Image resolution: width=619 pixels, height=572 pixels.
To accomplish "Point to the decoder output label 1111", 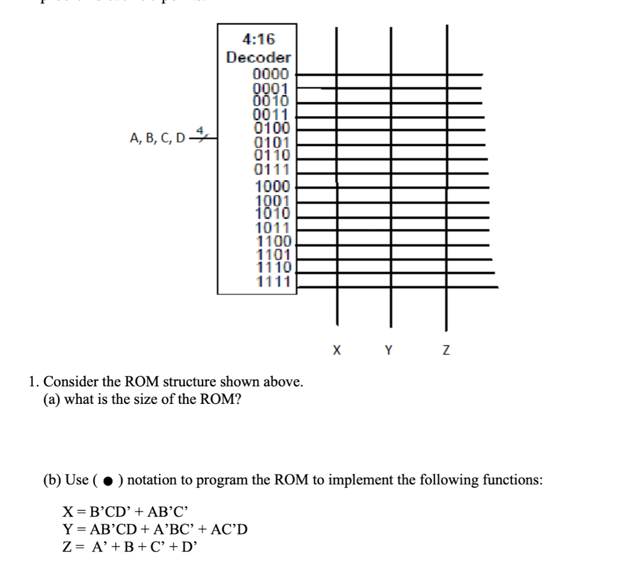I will [x=274, y=281].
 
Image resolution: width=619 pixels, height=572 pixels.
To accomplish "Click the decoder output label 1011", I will [x=273, y=229].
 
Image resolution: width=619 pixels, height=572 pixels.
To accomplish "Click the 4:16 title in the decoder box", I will [x=258, y=40].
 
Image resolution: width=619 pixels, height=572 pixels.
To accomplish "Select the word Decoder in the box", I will [x=258, y=58].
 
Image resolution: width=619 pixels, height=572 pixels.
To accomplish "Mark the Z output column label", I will [x=446, y=350].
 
